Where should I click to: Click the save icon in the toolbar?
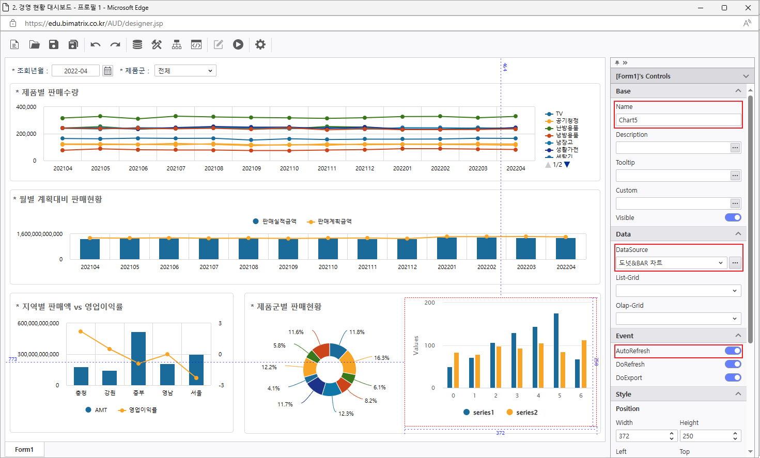pyautogui.click(x=54, y=44)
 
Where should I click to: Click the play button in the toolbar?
pyautogui.click(x=238, y=44)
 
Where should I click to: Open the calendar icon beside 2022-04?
pyautogui.click(x=107, y=71)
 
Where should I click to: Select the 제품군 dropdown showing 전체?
pyautogui.click(x=185, y=71)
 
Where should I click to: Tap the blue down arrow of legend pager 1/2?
pyautogui.click(x=567, y=165)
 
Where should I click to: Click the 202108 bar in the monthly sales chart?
pyautogui.click(x=249, y=248)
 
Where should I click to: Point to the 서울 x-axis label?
pyautogui.click(x=196, y=393)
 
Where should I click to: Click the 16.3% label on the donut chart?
pyautogui.click(x=382, y=358)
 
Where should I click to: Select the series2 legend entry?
pyautogui.click(x=526, y=413)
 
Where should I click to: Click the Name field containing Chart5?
pyautogui.click(x=678, y=120)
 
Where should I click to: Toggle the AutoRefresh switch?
pyautogui.click(x=733, y=351)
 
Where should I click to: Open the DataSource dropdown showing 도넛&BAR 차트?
pyautogui.click(x=671, y=263)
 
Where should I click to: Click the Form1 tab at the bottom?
pyautogui.click(x=24, y=449)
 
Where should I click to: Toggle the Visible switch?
pyautogui.click(x=733, y=217)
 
